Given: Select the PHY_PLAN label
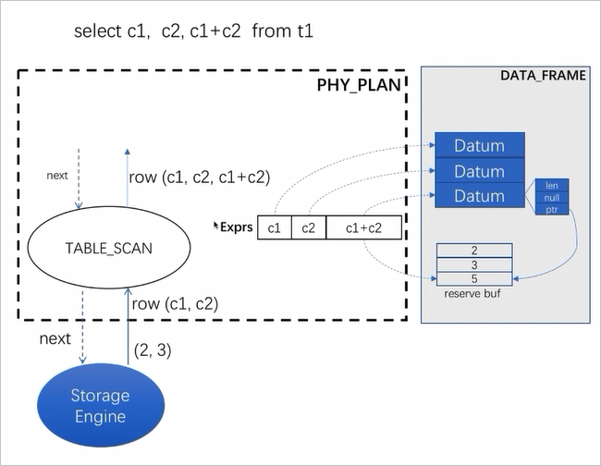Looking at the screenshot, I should (x=360, y=86).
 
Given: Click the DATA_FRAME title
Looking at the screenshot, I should (x=542, y=75).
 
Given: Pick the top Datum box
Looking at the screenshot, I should (x=479, y=146).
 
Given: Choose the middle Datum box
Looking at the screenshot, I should (x=479, y=171).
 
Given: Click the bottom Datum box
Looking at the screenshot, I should (x=479, y=196).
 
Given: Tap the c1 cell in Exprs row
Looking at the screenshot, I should (x=274, y=227).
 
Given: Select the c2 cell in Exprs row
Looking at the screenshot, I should (x=309, y=227).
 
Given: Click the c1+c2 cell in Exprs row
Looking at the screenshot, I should (x=364, y=227).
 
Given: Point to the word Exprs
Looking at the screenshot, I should (x=236, y=227).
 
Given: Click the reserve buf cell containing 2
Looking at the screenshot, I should (x=473, y=251).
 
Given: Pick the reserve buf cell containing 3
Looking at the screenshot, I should (x=473, y=264).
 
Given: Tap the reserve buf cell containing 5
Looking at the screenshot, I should (x=473, y=278).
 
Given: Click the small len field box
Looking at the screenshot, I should (x=552, y=186).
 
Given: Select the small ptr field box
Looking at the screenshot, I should (x=552, y=210).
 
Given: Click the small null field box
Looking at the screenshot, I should (x=552, y=198).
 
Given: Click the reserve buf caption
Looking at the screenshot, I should (x=472, y=293).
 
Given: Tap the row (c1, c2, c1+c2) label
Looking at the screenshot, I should (x=200, y=177).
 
